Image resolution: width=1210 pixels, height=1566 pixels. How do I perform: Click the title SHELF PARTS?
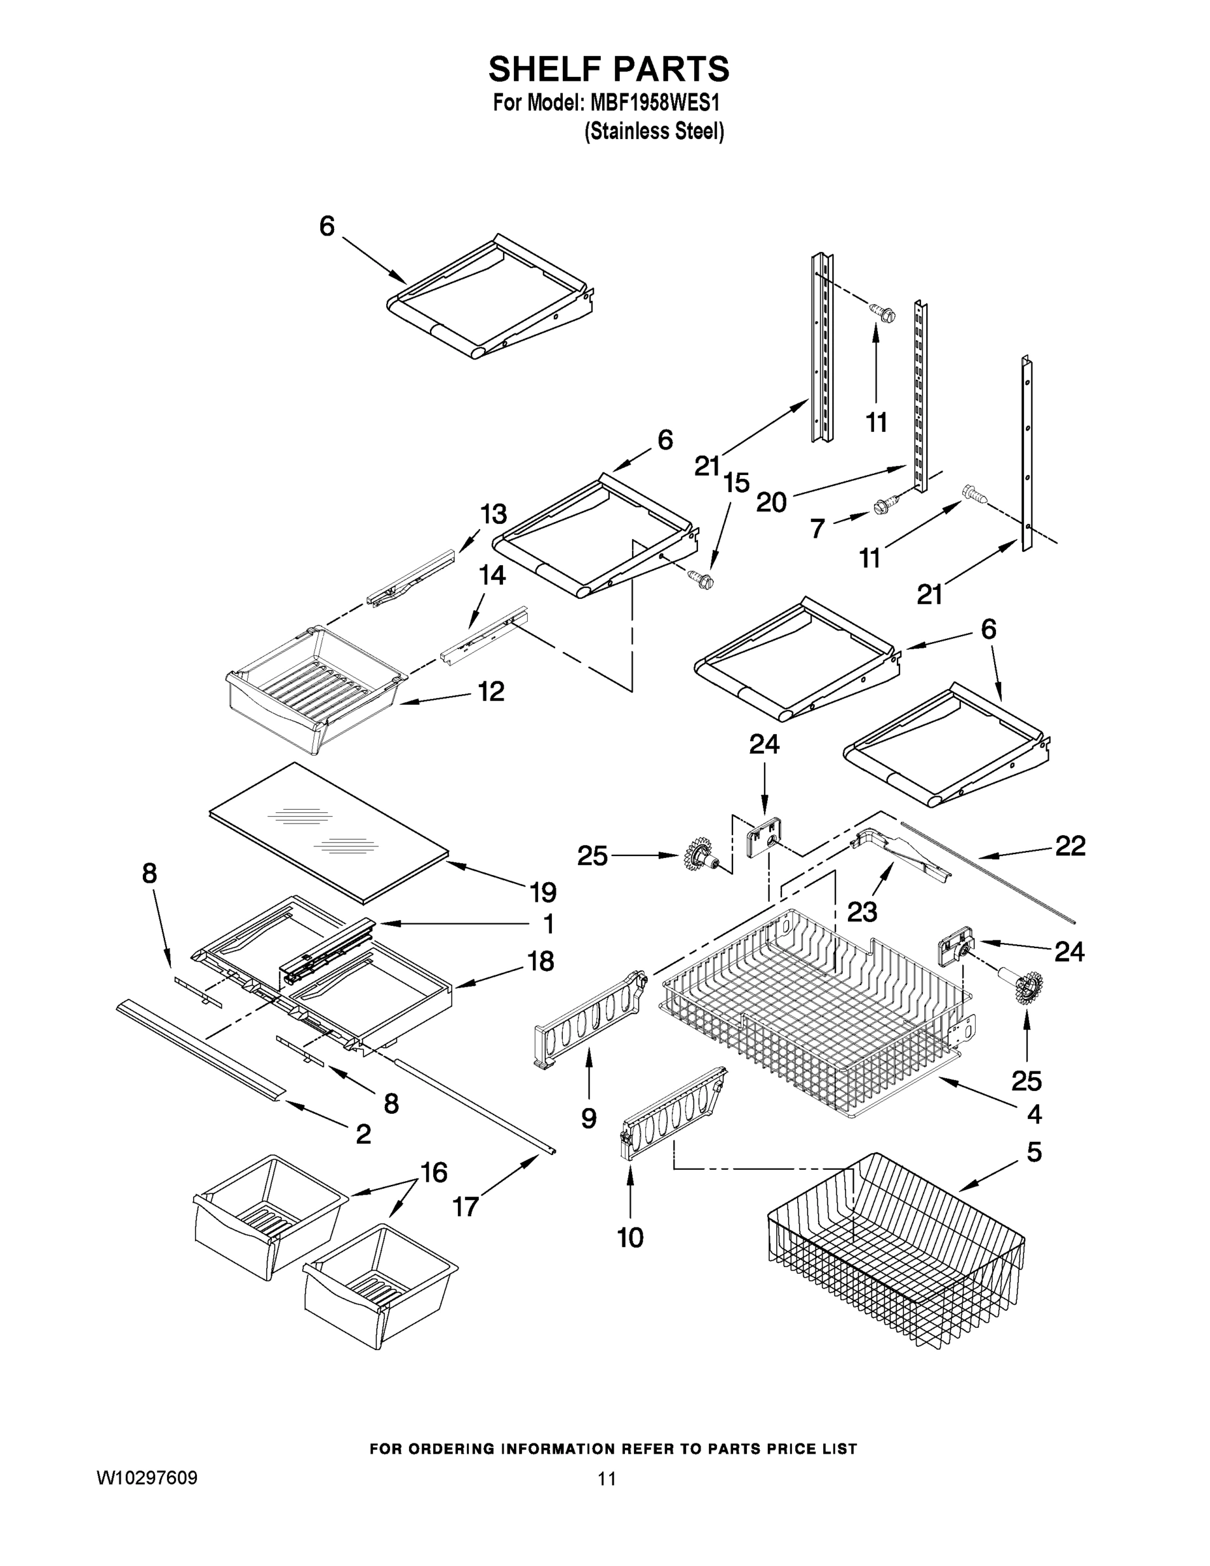(x=609, y=70)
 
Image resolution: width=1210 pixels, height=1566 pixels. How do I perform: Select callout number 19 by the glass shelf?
(x=543, y=892)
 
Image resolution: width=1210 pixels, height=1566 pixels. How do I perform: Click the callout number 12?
(x=491, y=691)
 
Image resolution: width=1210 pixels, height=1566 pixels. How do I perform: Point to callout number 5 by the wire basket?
(x=1035, y=1152)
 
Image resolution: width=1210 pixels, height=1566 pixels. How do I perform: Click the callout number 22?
(x=1070, y=846)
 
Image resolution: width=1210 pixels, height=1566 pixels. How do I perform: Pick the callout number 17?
(x=465, y=1206)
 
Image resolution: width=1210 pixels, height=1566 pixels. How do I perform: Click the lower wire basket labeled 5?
(x=896, y=1255)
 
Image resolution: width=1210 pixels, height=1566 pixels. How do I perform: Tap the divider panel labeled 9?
(x=588, y=1018)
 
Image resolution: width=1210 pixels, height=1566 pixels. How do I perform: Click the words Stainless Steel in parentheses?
(x=654, y=132)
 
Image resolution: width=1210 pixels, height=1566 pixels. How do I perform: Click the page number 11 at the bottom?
(x=607, y=1479)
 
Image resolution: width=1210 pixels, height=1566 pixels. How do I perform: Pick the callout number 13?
(x=493, y=514)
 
